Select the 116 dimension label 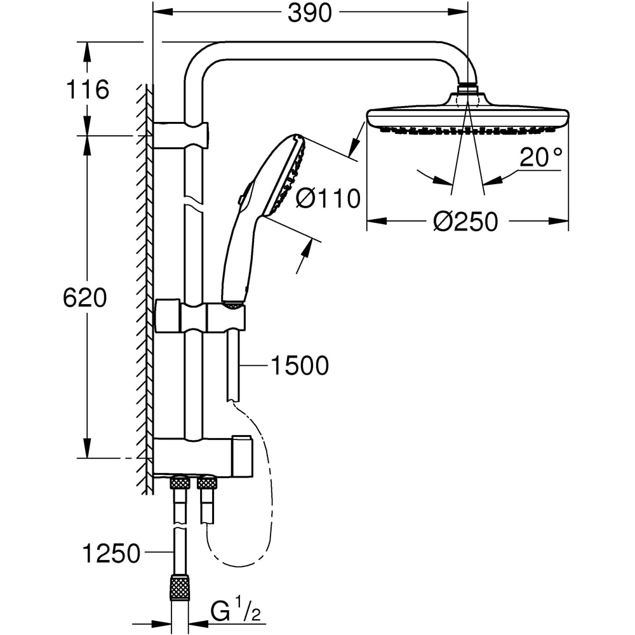click(88, 90)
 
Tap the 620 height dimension click(84, 297)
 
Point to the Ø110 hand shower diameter click(328, 199)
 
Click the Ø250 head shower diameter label click(465, 222)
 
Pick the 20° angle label click(540, 158)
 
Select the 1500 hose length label click(300, 366)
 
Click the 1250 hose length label click(111, 554)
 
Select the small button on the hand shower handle click(242, 200)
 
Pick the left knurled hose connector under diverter click(180, 483)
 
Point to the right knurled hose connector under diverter click(207, 483)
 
